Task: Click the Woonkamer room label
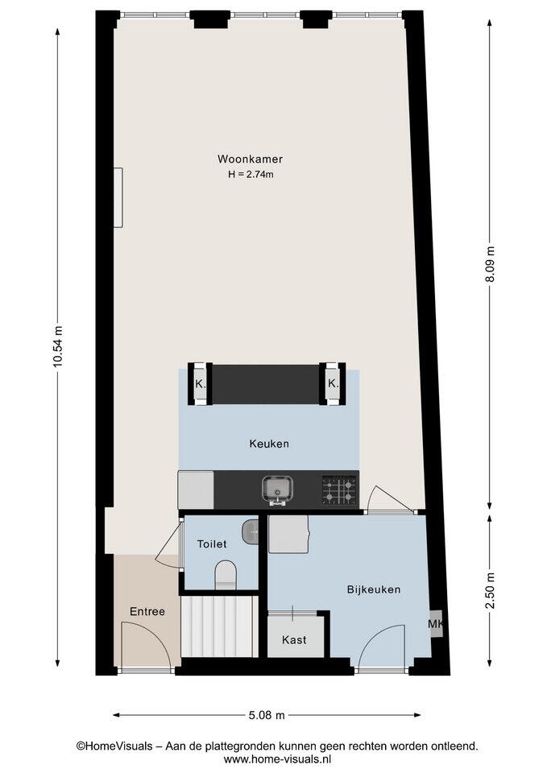point(250,159)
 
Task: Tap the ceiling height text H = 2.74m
point(251,174)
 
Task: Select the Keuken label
point(269,444)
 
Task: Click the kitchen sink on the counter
point(278,490)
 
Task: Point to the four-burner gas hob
point(340,490)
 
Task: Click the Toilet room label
point(212,544)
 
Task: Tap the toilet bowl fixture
point(226,575)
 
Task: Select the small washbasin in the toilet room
point(250,532)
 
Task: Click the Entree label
point(147,612)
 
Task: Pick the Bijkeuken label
point(373,589)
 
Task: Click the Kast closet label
point(294,640)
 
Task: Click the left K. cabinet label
point(201,384)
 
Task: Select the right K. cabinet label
point(334,383)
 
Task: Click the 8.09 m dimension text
point(490,264)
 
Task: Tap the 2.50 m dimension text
point(490,590)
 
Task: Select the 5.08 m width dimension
point(267,715)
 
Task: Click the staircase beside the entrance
point(219,626)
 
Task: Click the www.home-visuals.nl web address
point(276,759)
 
